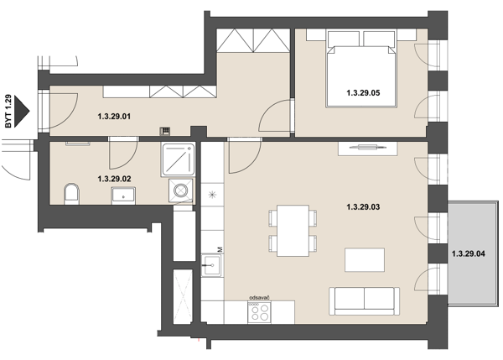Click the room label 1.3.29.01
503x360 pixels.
click(114, 117)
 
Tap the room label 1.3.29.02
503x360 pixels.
click(114, 179)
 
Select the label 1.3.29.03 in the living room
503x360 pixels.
click(363, 206)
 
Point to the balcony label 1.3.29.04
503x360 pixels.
click(469, 253)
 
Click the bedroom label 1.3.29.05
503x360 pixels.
click(363, 93)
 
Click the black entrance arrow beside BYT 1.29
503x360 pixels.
click(22, 111)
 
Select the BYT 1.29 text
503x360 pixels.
click(8, 111)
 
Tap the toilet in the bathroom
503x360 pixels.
click(71, 194)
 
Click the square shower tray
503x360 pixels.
click(178, 159)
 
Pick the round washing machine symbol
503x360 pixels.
click(181, 190)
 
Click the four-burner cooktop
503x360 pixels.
click(260, 312)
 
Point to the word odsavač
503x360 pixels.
click(259, 298)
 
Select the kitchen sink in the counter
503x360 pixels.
click(211, 265)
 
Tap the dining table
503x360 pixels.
click(293, 231)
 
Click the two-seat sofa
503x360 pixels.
click(365, 301)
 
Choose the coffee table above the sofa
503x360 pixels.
click(365, 259)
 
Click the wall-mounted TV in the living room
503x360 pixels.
click(368, 148)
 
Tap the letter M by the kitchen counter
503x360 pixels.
click(220, 249)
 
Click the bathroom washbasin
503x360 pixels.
click(123, 196)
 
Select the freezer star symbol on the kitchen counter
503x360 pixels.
click(212, 195)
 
